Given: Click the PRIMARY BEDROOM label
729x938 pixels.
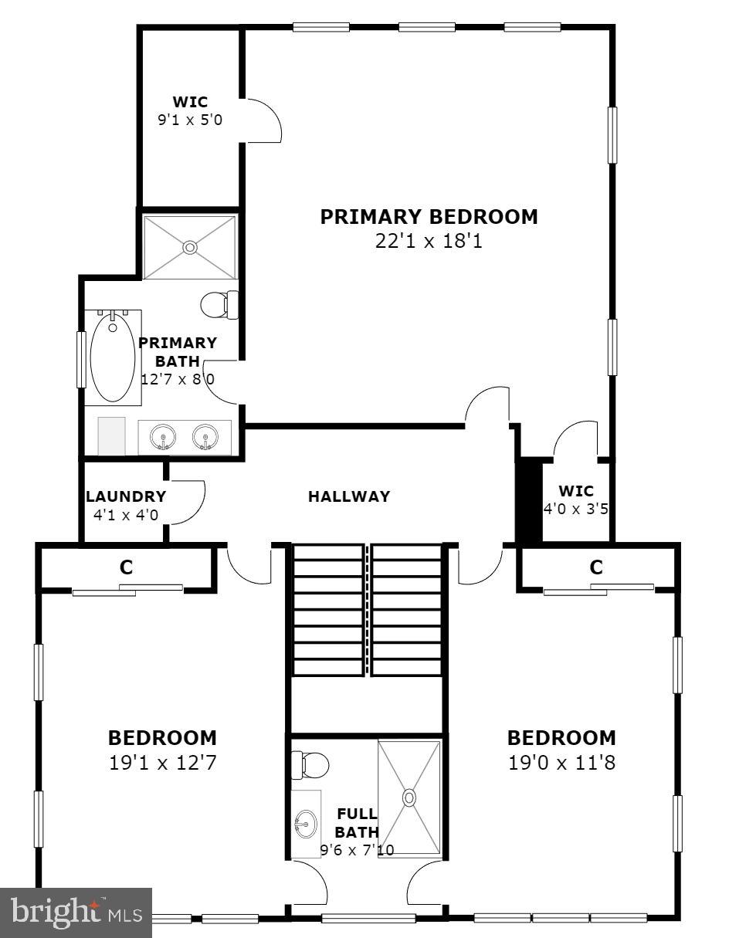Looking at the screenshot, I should pos(429,217).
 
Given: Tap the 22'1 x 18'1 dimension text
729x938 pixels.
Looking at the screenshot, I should pos(429,242).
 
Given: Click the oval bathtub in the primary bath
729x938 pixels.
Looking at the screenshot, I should pos(113,355).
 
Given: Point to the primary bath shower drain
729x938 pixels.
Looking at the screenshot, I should pos(189,247).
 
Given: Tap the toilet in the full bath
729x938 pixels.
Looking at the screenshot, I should pos(310,765).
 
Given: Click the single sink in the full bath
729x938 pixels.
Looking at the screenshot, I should pos(306,825).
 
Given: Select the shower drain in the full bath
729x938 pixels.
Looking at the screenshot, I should pos(409,797).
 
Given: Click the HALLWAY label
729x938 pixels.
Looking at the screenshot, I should pos(349,496).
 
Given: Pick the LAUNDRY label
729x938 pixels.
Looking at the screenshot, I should pos(126,497).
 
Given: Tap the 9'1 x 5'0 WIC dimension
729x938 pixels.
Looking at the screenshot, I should pos(189,120).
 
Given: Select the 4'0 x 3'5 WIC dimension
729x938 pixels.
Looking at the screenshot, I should pos(576,510).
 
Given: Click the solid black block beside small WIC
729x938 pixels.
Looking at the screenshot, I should pos(529,500).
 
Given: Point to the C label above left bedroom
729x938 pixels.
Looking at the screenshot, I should pos(126,567).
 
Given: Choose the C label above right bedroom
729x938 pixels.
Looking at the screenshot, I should pos(596,567).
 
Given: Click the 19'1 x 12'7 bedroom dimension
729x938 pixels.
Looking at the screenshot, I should pos(162,764).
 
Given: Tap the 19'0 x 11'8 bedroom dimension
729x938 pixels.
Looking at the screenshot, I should pos(561,764).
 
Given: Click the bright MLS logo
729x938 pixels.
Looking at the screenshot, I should pos(76,913).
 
